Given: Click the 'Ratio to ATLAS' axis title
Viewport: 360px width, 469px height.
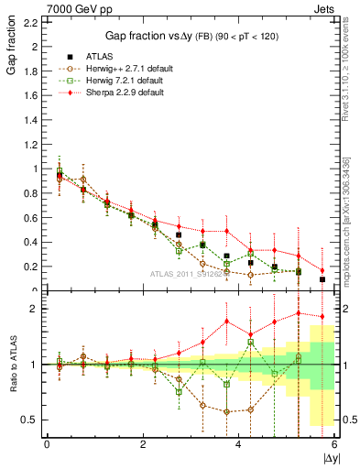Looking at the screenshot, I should point(10,365).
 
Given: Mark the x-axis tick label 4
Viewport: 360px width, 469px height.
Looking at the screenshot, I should point(238,444).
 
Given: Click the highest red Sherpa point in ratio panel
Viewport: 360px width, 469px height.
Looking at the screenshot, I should point(299,313).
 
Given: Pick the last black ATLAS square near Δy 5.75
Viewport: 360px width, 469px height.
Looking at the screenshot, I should point(322,279).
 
